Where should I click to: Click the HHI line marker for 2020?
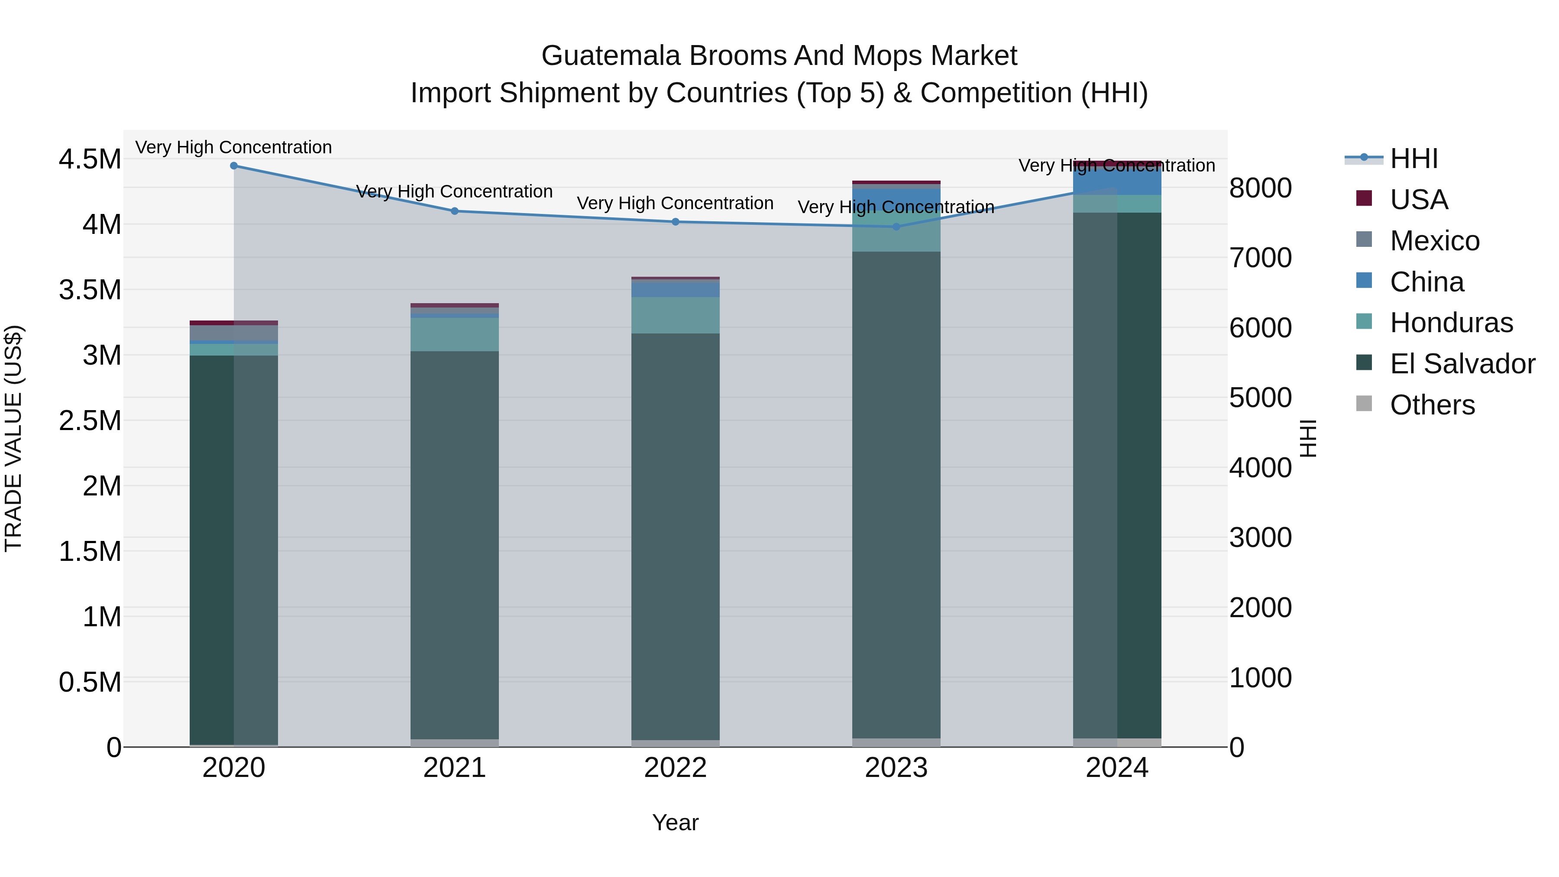233,166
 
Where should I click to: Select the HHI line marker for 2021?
455,211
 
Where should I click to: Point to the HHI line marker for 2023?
896,227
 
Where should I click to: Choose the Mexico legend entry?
1434,241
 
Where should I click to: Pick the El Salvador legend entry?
1462,364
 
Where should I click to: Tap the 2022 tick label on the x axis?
676,768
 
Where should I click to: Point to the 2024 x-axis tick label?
1116,768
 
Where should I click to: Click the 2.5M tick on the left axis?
90,421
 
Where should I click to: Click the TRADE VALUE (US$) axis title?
13,438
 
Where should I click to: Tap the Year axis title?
676,822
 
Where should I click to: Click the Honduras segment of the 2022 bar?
676,315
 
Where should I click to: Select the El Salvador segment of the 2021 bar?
455,545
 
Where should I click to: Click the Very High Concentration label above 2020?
233,147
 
